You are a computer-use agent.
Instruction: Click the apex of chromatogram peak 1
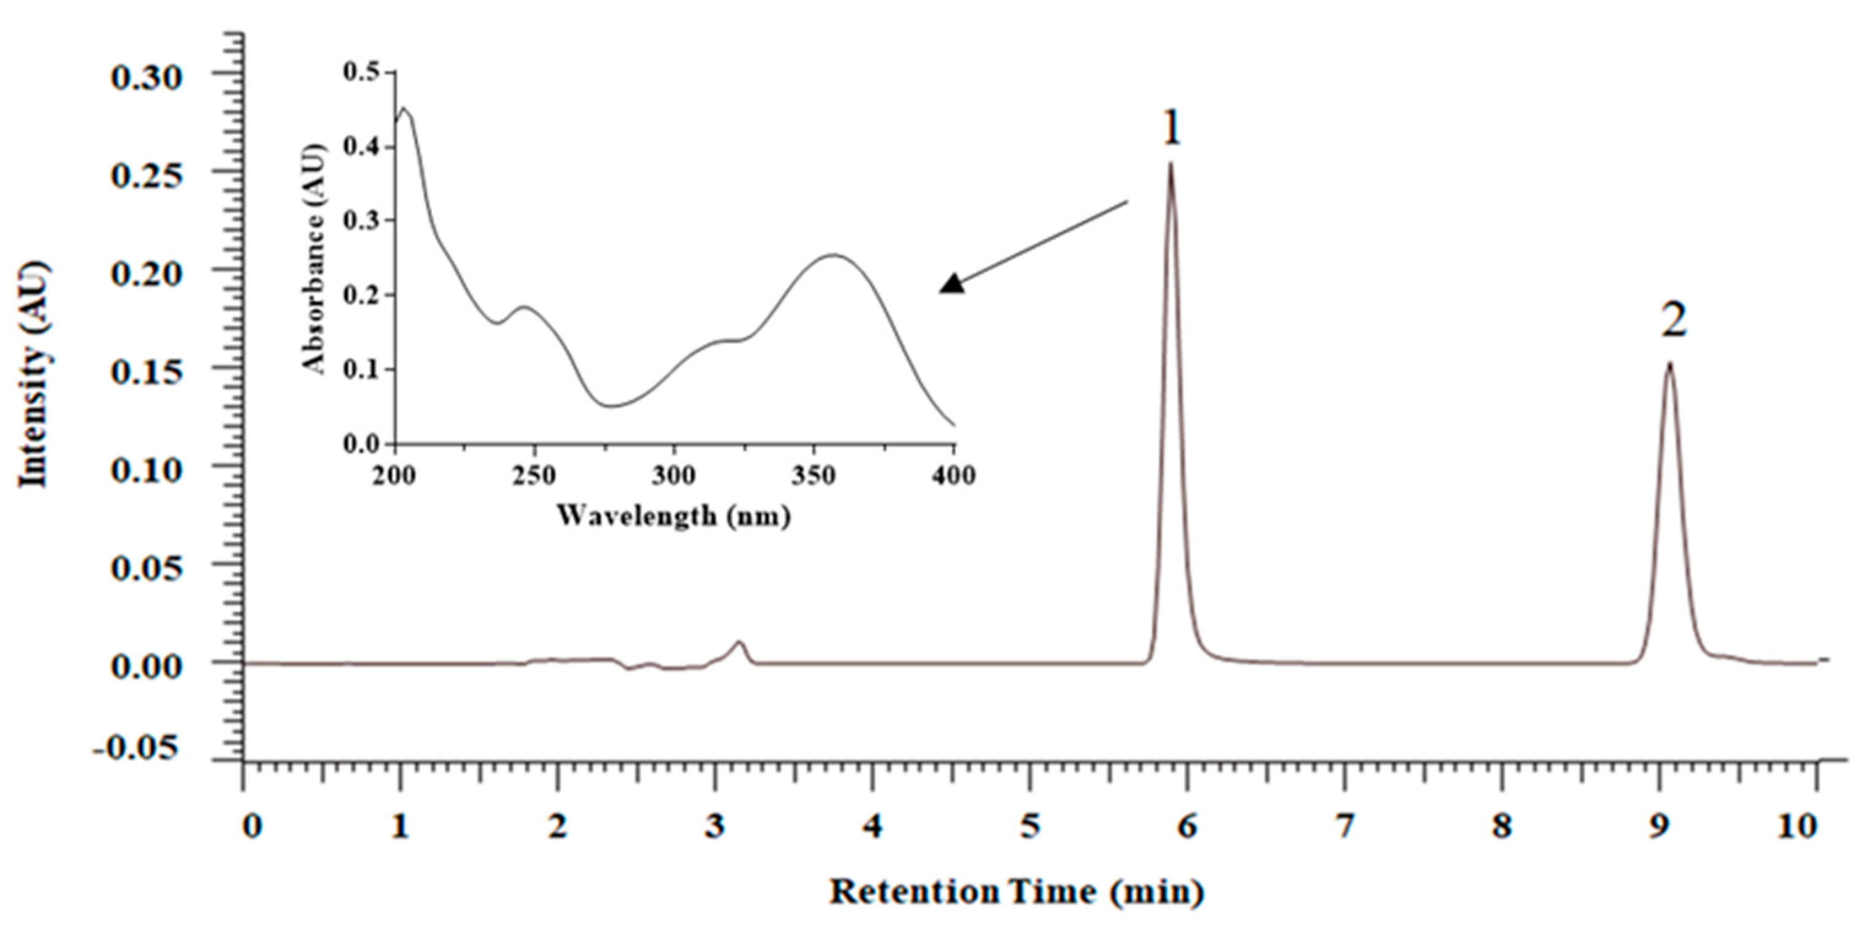coord(1170,164)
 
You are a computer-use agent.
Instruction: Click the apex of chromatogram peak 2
coord(1669,364)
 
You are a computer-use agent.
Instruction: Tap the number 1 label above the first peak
coord(1172,130)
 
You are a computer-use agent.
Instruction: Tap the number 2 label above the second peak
coord(1674,322)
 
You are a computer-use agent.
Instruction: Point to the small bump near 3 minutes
coord(739,642)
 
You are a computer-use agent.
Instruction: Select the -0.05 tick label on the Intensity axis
coord(136,748)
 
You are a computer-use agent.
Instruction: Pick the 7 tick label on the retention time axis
coord(1345,827)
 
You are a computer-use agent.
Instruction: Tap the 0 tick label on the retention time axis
coord(251,827)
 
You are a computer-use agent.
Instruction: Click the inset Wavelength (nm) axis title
coord(673,515)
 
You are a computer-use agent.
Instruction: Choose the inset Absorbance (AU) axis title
coord(315,258)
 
